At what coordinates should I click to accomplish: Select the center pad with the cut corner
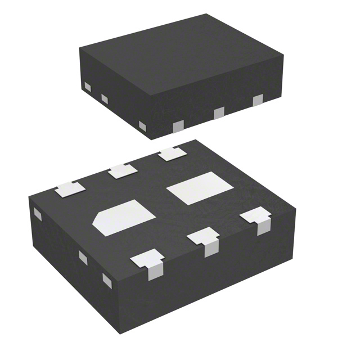pos(124,217)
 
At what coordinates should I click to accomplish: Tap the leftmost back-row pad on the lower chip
pos(70,190)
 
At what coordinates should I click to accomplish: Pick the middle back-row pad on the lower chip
pos(123,171)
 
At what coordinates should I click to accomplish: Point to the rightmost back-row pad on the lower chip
pos(173,154)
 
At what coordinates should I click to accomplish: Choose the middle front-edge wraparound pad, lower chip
pos(205,241)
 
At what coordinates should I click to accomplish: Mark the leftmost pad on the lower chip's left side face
pos(38,214)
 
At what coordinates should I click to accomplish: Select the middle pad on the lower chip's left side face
pos(83,258)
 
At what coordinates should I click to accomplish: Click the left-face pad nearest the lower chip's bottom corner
pos(107,280)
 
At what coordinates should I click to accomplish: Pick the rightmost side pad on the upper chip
pos(258,101)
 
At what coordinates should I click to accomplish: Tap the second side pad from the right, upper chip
pos(219,113)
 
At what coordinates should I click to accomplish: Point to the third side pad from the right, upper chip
pos(178,127)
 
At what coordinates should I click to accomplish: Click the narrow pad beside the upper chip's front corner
pos(142,126)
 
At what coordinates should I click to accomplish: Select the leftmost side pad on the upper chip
pos(87,87)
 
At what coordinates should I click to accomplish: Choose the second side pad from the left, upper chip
pos(104,99)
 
